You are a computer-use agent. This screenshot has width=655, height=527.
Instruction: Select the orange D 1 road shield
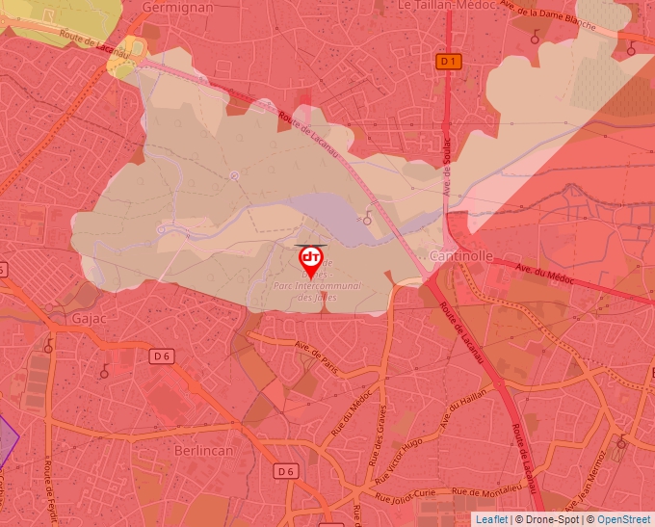pos(449,61)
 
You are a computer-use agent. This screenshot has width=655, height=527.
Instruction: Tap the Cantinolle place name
pos(461,256)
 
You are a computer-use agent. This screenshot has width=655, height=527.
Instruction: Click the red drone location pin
pos(310,260)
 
